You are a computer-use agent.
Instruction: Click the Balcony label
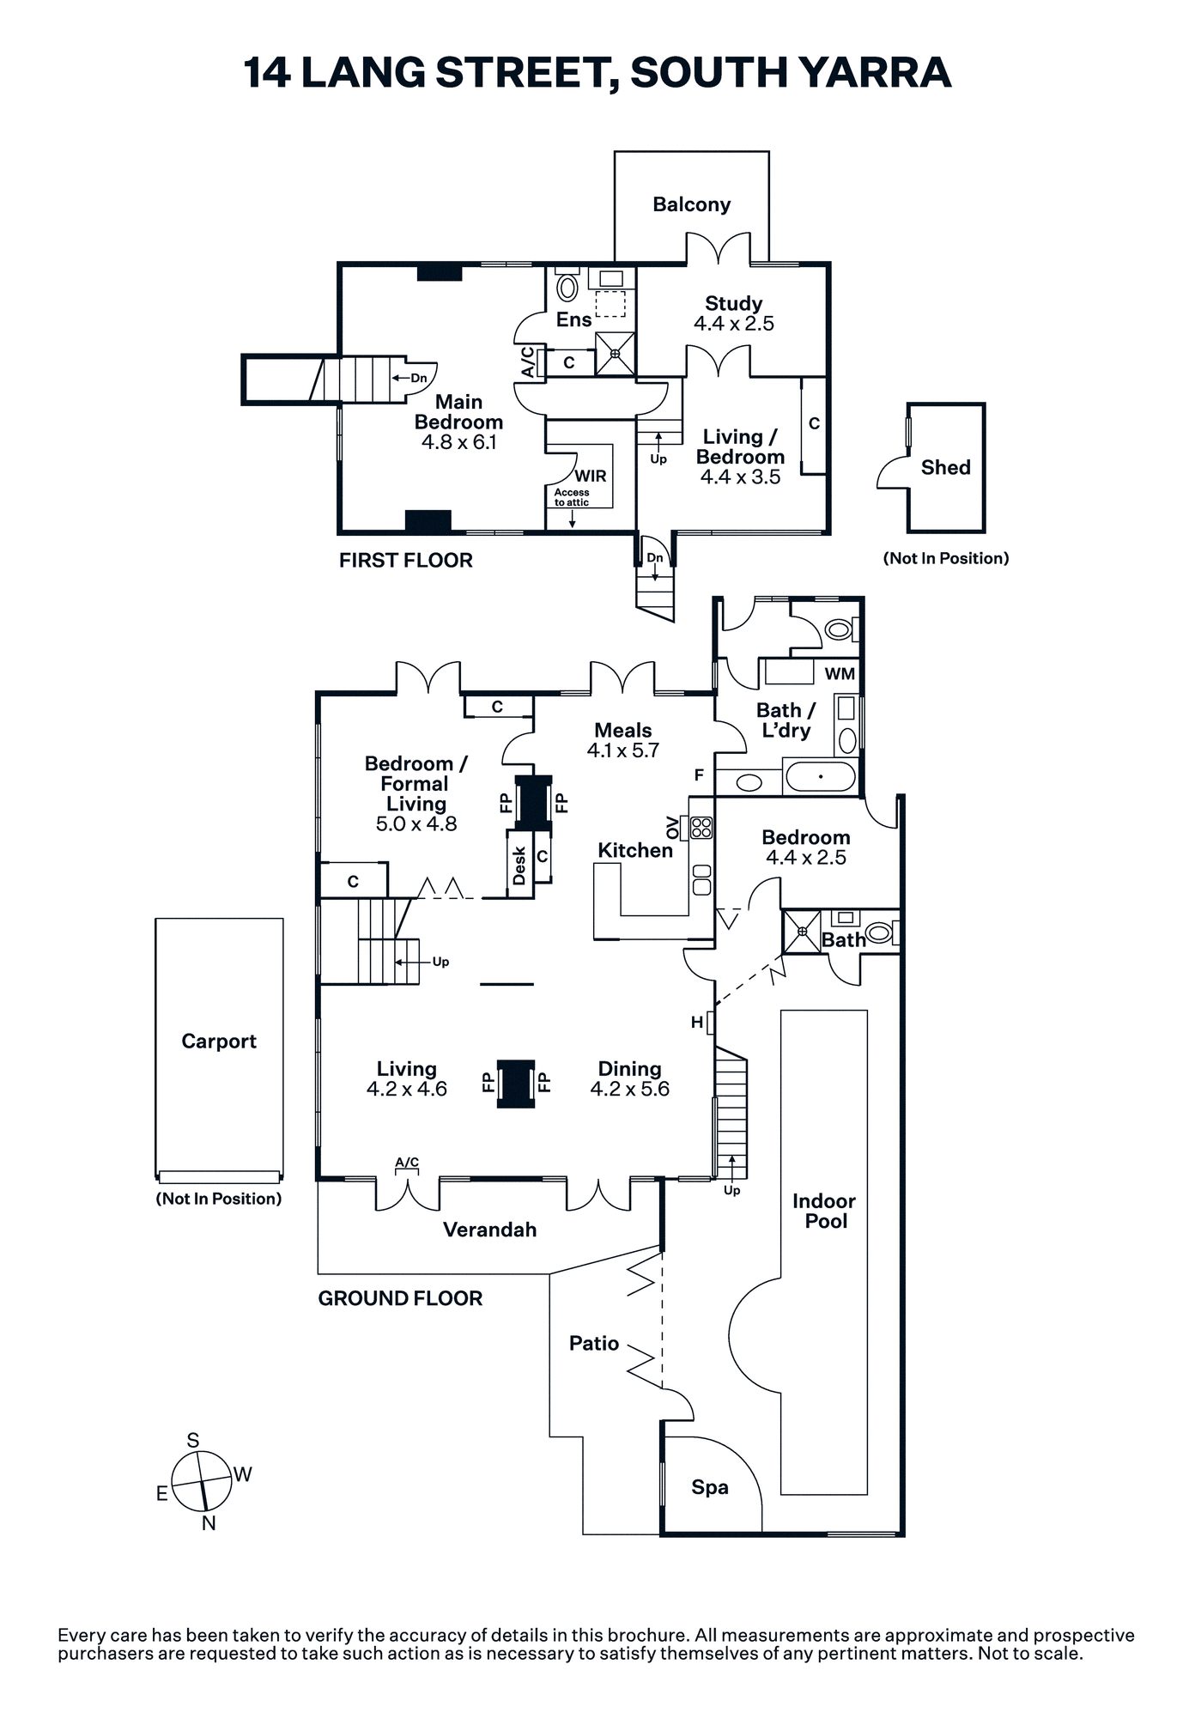click(x=691, y=204)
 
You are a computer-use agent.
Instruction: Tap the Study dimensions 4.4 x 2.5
click(x=734, y=324)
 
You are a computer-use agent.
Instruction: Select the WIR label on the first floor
click(x=591, y=476)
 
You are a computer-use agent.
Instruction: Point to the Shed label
click(x=945, y=467)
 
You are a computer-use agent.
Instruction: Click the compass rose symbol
click(x=202, y=1481)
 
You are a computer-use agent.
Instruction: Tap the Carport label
click(x=219, y=1041)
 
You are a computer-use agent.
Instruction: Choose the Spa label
click(x=710, y=1487)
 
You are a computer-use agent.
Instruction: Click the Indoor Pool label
click(x=824, y=1211)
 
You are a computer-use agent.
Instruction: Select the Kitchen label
click(x=635, y=850)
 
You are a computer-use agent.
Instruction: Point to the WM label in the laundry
click(x=840, y=674)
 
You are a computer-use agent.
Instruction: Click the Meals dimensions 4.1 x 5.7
click(x=623, y=750)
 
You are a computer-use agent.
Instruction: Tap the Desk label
click(x=519, y=865)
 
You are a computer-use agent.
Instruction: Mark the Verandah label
click(x=489, y=1230)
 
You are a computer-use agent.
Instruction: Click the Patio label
click(x=594, y=1343)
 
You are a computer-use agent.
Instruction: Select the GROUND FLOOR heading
click(x=400, y=1298)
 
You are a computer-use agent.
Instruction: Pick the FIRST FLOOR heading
click(x=405, y=560)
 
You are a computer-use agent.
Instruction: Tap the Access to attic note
click(x=572, y=497)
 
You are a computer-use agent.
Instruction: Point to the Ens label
click(x=573, y=320)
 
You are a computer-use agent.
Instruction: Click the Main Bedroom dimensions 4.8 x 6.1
click(x=458, y=442)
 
